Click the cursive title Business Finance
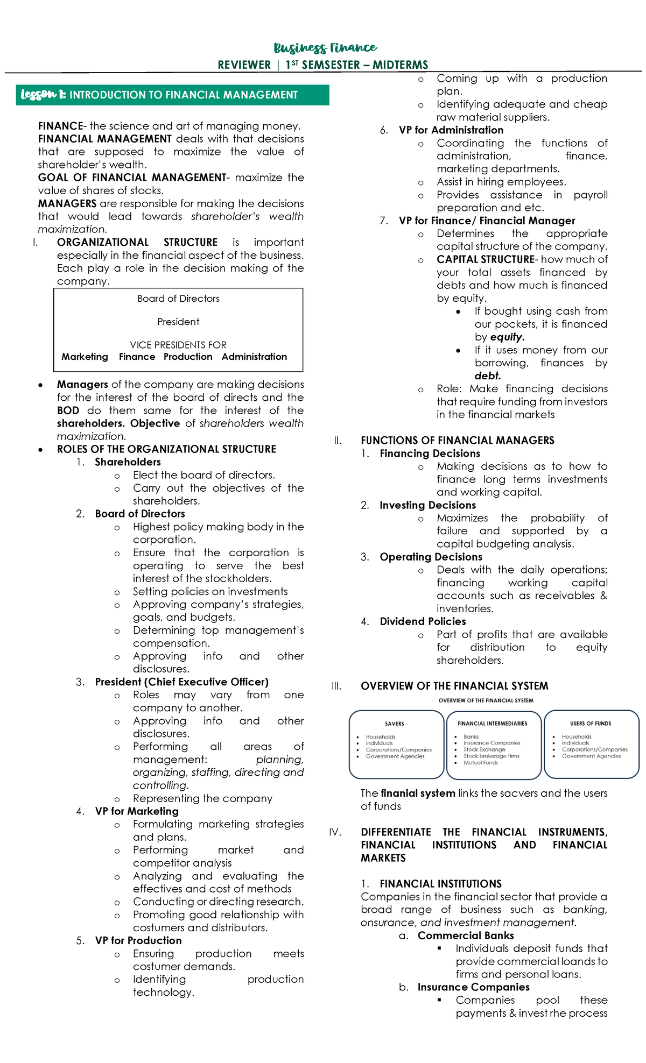point(325,48)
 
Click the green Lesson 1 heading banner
point(172,95)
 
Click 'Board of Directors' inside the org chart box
point(178,299)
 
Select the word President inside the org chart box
point(178,322)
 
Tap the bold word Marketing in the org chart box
point(85,357)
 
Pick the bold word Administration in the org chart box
point(254,357)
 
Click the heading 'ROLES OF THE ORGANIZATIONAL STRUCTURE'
point(166,449)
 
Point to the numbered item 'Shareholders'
point(128,462)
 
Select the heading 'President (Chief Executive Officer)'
point(181,682)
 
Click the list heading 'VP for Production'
point(138,940)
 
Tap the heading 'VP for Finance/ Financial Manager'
point(487,221)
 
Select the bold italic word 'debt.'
point(487,376)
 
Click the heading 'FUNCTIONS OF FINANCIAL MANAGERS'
point(457,441)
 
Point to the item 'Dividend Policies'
point(423,621)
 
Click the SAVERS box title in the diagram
point(394,724)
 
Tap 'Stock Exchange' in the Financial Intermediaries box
point(484,749)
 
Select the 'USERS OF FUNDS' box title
point(591,724)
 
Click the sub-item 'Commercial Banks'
point(465,936)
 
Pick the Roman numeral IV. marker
point(335,832)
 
